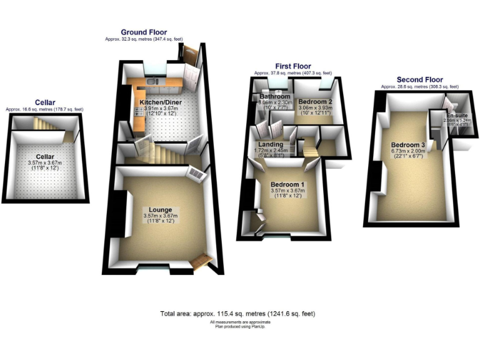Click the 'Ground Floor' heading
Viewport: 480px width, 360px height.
point(144,32)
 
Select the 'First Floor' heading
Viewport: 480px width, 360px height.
point(292,66)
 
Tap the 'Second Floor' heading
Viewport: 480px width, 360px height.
point(419,80)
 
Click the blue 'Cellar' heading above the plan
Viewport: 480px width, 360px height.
point(45,102)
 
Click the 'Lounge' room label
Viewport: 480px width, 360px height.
point(161,209)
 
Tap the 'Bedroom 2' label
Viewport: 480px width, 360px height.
point(314,101)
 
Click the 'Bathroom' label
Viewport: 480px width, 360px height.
point(275,97)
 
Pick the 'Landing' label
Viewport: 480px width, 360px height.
point(271,144)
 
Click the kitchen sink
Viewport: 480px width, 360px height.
point(152,81)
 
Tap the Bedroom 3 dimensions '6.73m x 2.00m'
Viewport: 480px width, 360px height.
point(407,151)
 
